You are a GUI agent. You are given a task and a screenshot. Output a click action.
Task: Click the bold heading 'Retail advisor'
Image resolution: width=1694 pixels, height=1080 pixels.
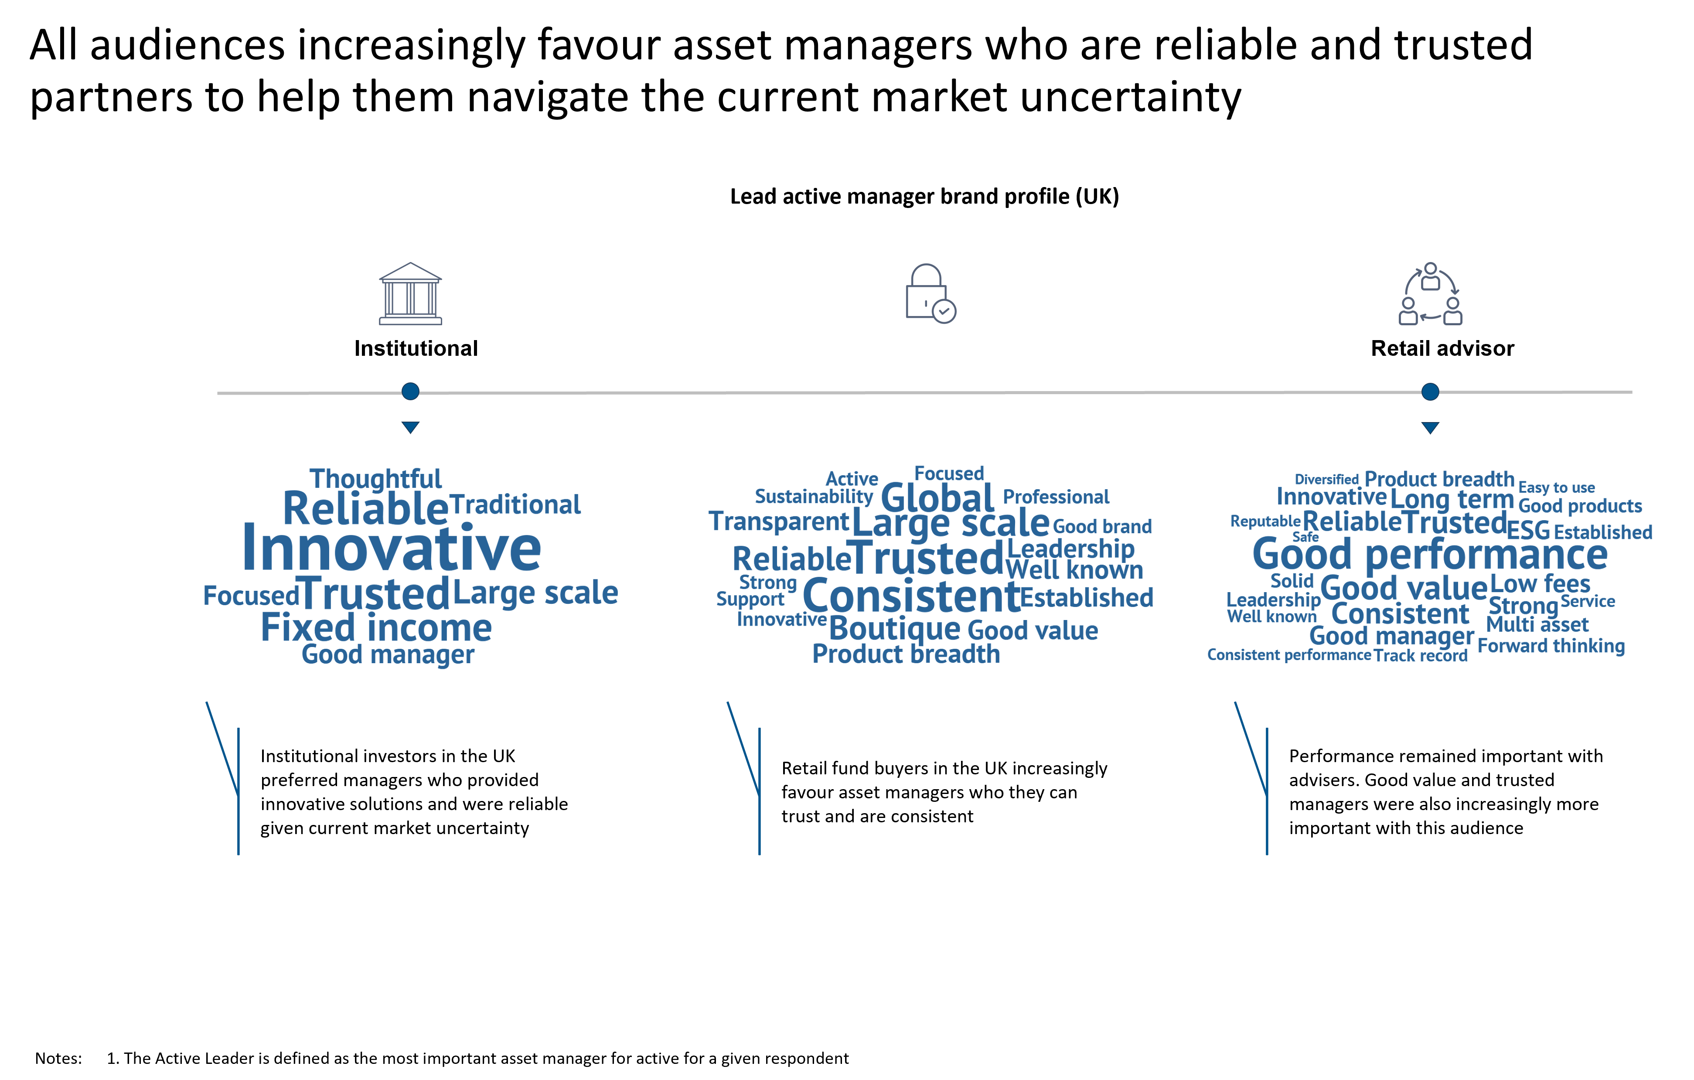(x=1442, y=348)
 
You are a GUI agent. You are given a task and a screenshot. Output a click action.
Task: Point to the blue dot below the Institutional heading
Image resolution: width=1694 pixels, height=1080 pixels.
(x=410, y=391)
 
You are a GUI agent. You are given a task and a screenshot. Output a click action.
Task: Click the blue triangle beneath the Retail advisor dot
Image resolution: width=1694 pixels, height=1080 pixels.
(x=1430, y=427)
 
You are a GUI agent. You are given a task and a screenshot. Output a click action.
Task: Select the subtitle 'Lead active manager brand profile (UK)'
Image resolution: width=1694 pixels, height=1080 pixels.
(x=924, y=196)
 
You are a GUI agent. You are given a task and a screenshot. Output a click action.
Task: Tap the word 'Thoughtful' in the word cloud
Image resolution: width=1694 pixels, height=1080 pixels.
(x=376, y=479)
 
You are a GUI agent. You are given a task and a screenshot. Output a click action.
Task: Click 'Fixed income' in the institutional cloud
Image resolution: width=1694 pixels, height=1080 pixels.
(x=376, y=627)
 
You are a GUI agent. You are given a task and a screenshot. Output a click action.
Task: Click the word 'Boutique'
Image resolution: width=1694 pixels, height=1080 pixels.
(x=895, y=628)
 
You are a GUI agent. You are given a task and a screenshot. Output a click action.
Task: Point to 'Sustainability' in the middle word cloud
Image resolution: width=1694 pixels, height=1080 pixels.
(x=814, y=497)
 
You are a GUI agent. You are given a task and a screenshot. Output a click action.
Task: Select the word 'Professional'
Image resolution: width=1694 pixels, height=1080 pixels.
(x=1056, y=497)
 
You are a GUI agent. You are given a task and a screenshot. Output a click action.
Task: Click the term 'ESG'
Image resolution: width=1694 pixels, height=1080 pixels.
(x=1529, y=530)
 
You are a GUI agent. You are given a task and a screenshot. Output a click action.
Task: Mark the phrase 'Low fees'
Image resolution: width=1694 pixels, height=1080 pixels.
(x=1541, y=583)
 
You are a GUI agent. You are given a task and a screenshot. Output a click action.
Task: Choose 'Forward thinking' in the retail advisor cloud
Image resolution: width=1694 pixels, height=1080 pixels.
(x=1551, y=646)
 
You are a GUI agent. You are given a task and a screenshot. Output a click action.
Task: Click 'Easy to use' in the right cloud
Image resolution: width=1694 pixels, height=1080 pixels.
(x=1557, y=487)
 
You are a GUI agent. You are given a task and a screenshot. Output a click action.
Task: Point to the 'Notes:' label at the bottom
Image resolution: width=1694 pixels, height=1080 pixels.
(x=58, y=1058)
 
